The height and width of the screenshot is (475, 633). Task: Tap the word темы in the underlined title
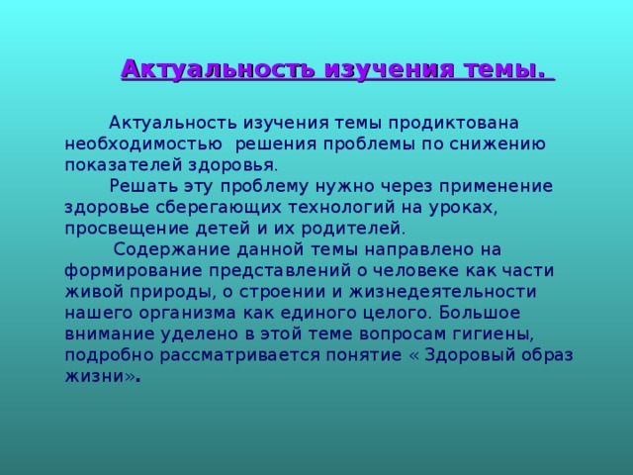tap(502, 69)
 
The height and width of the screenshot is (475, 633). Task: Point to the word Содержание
tap(173, 247)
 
